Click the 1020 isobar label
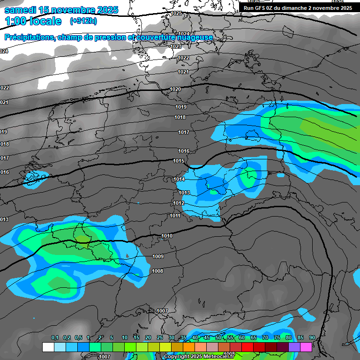tap(175, 89)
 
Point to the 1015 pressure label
tap(179, 161)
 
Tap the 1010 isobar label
tap(167, 236)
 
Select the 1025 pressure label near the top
tap(176, 13)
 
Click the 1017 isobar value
tap(184, 133)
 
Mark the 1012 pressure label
tap(179, 203)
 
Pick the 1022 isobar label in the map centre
tap(183, 58)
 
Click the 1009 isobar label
tap(158, 256)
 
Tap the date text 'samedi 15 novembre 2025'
tap(61, 10)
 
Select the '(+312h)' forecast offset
tap(83, 21)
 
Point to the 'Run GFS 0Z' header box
tap(298, 8)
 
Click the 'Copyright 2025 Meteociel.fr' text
tap(199, 356)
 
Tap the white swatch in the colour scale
tap(48, 347)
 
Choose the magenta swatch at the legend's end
tap(306, 347)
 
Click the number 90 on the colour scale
tap(312, 337)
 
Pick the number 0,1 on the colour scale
tap(55, 337)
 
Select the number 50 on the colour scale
tap(218, 337)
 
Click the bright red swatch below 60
tap(247, 347)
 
